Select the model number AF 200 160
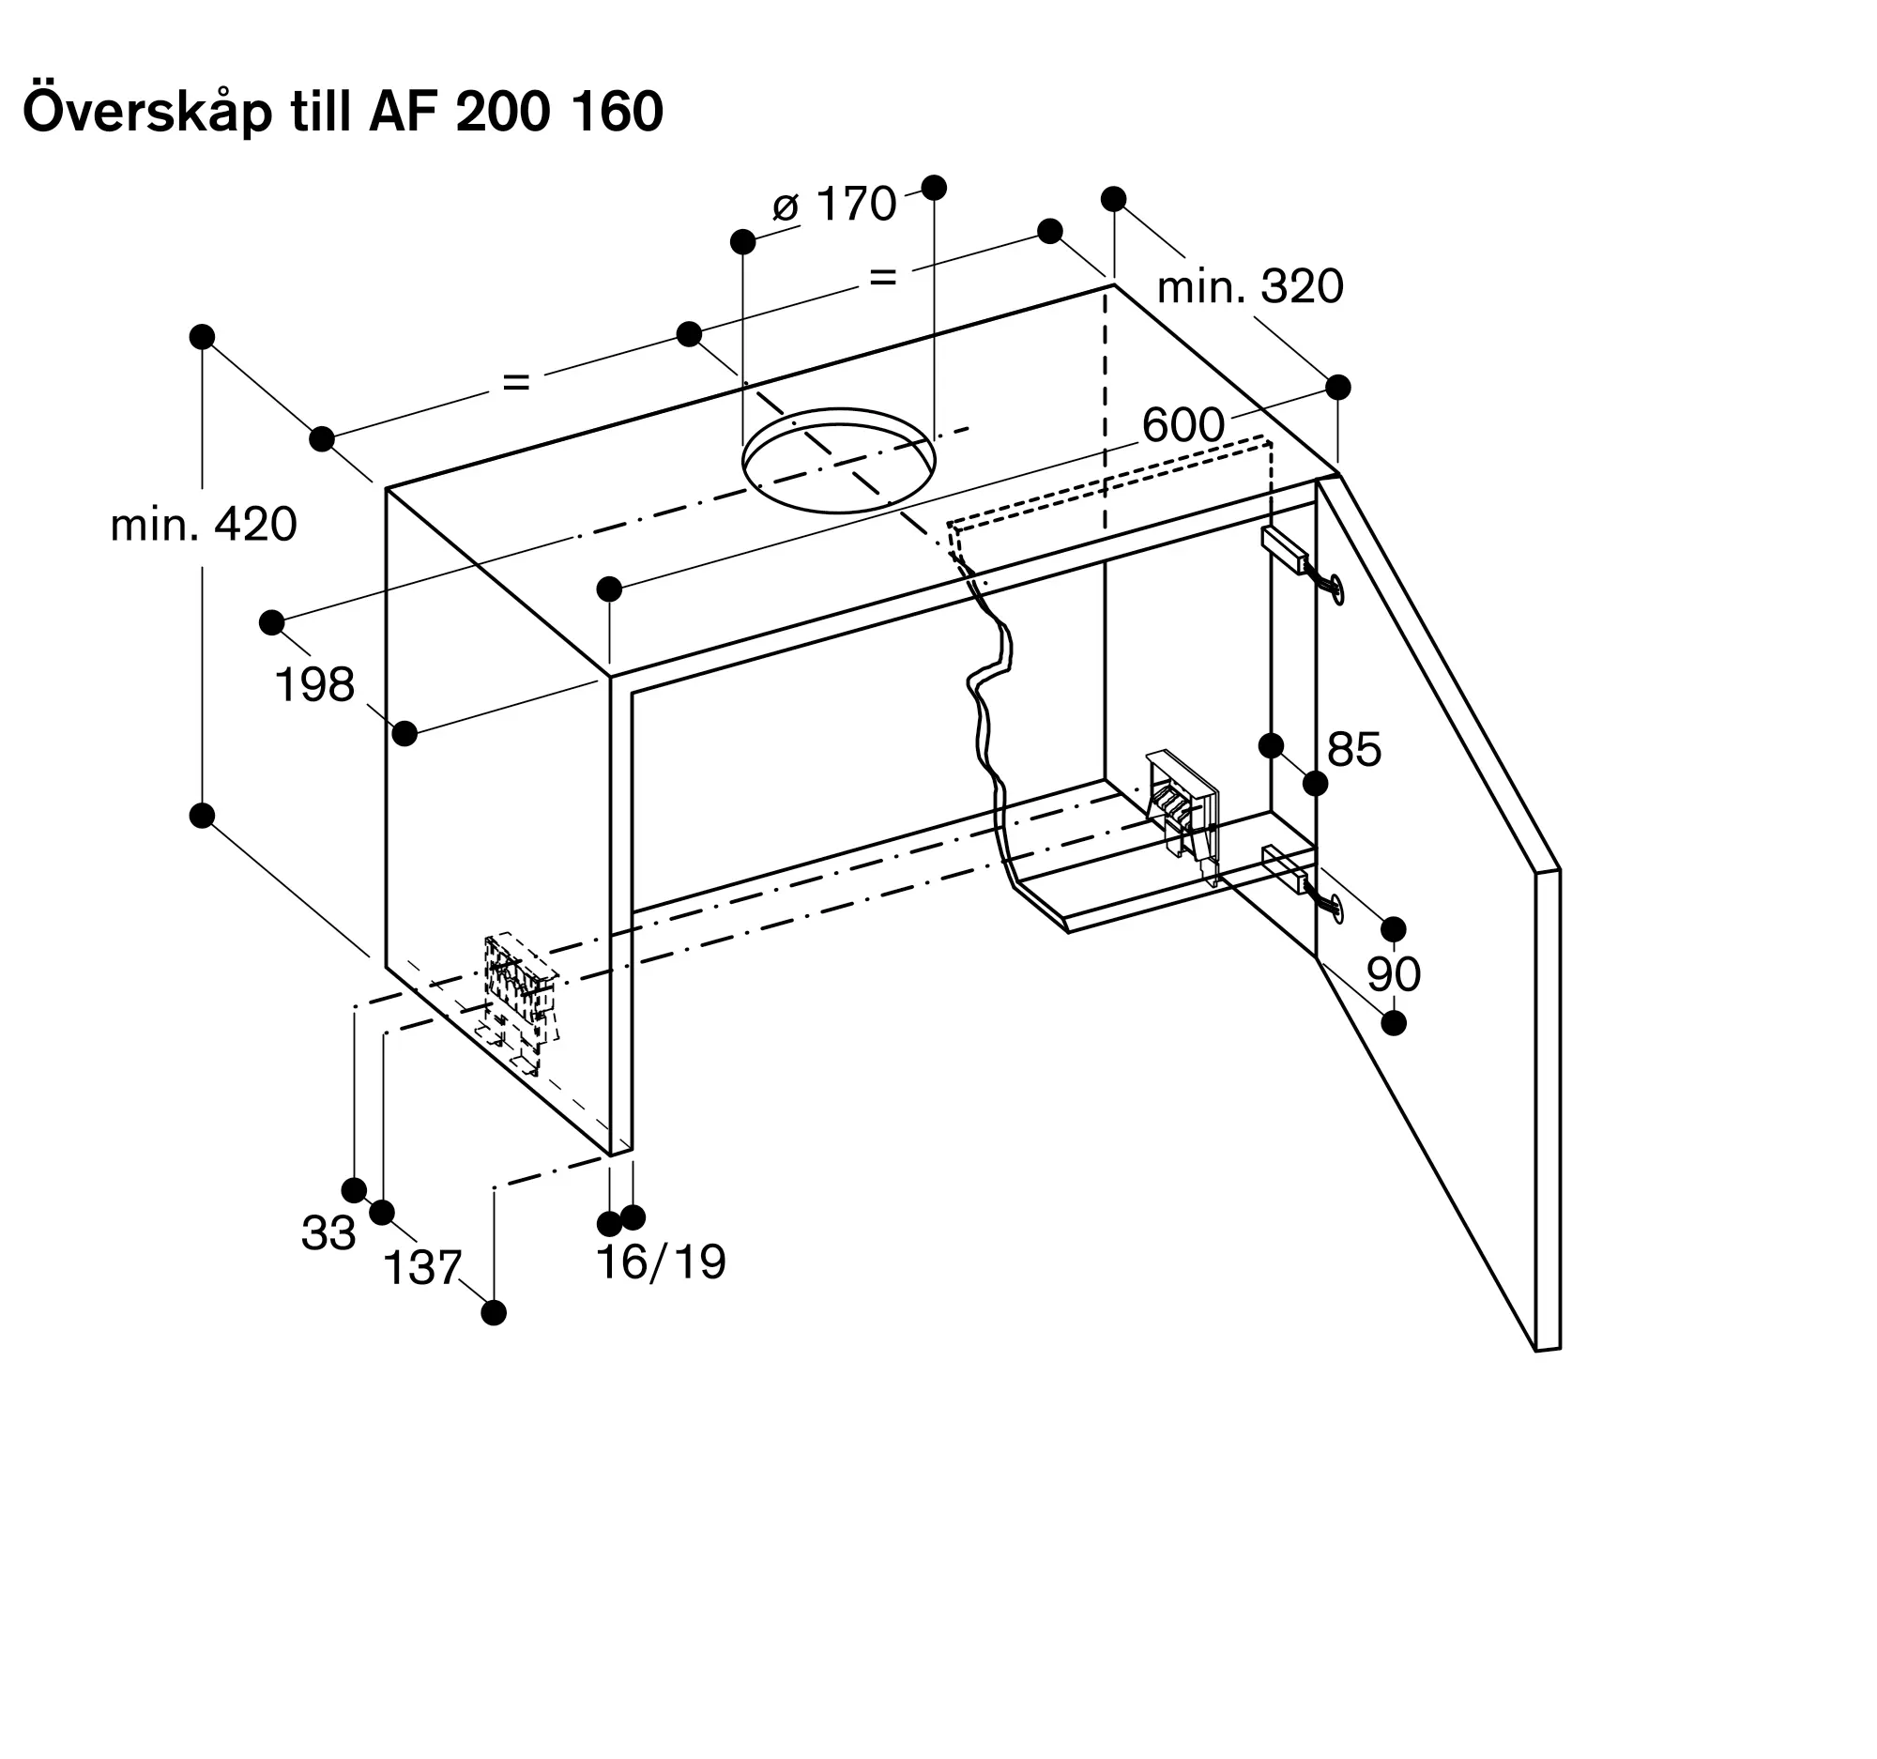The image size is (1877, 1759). pos(516,112)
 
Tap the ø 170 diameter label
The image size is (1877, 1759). pos(834,205)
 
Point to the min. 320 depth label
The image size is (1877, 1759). pos(1250,286)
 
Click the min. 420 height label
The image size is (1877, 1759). pos(203,524)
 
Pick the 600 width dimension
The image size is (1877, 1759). pos(1183,425)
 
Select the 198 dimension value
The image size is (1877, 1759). pos(314,684)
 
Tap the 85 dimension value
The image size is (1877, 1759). pos(1354,750)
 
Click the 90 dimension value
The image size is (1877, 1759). pos(1394,974)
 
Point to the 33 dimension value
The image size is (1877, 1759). pos(328,1233)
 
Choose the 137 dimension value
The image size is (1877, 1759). pos(422,1268)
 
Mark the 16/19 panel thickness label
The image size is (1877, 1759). pos(661,1262)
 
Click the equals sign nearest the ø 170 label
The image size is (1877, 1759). pos(882,278)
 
